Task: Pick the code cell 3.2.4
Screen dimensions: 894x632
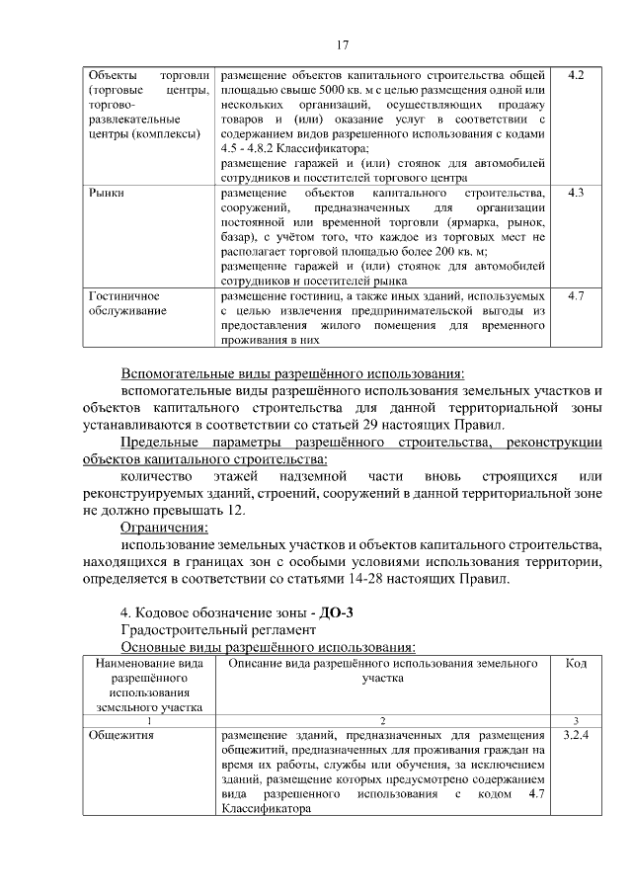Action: click(x=576, y=735)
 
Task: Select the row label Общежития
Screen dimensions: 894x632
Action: click(x=119, y=735)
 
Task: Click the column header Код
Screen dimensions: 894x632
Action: click(x=576, y=665)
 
